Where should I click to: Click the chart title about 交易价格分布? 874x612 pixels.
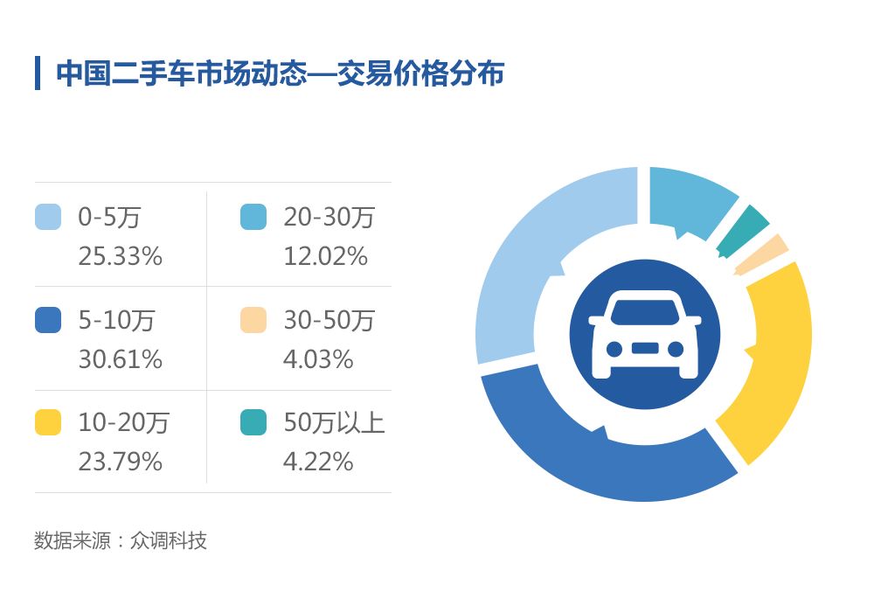click(280, 73)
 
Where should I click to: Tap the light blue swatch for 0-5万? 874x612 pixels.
click(48, 217)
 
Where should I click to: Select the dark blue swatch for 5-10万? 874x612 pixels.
click(48, 320)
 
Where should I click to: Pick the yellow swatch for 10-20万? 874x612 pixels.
click(48, 423)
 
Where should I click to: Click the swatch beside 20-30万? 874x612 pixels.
click(253, 217)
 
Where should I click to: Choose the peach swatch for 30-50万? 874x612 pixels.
click(253, 320)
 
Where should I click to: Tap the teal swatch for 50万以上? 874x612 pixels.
click(253, 423)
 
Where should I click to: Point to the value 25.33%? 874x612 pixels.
click(120, 256)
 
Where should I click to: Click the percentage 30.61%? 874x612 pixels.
click(120, 359)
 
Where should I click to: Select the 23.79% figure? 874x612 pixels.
click(120, 462)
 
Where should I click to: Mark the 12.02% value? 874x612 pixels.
click(325, 256)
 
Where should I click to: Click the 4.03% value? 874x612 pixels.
click(318, 359)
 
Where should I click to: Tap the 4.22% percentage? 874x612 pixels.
click(318, 462)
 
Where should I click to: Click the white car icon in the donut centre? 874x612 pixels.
click(644, 336)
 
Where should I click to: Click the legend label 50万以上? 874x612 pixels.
click(334, 423)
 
